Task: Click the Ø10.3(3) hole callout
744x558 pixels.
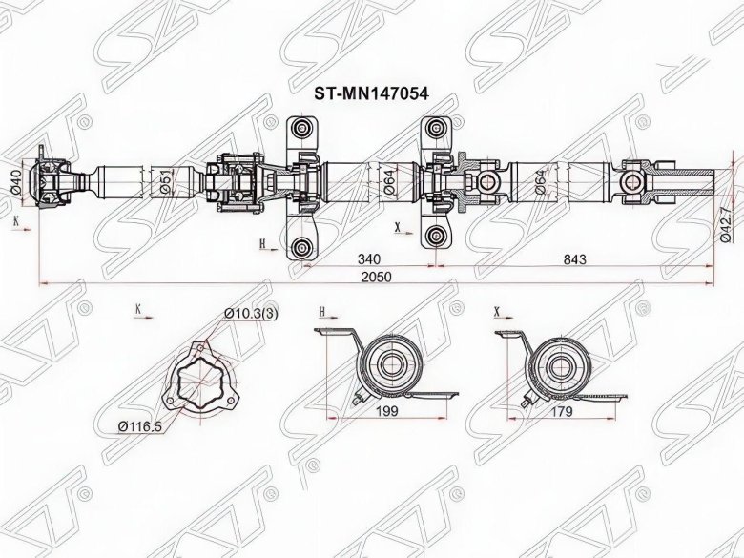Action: [246, 314]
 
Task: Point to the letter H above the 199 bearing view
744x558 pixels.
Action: [321, 311]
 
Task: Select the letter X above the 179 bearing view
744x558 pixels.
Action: [497, 311]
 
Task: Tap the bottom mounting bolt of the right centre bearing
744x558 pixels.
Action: [437, 237]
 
